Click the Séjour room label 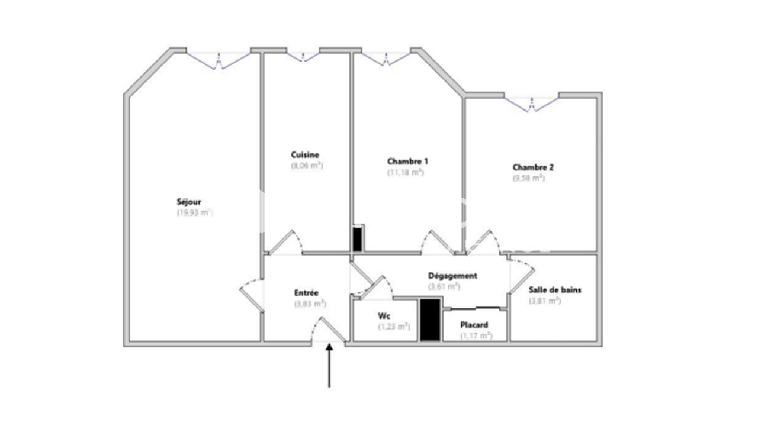point(189,202)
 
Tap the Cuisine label point(305,155)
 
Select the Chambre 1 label point(407,162)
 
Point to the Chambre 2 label point(533,167)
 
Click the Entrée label point(306,293)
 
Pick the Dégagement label point(452,276)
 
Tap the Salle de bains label point(555,290)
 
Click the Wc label point(384,316)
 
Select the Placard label point(474,325)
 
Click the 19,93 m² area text point(195,212)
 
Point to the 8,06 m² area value point(307,166)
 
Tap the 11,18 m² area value point(406,172)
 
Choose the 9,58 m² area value point(529,178)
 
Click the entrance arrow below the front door point(329,366)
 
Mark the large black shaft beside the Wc point(430,320)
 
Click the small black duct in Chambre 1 point(357,239)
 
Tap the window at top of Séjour point(219,61)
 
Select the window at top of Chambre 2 point(532,105)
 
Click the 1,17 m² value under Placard point(476,335)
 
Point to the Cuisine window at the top point(303,57)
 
